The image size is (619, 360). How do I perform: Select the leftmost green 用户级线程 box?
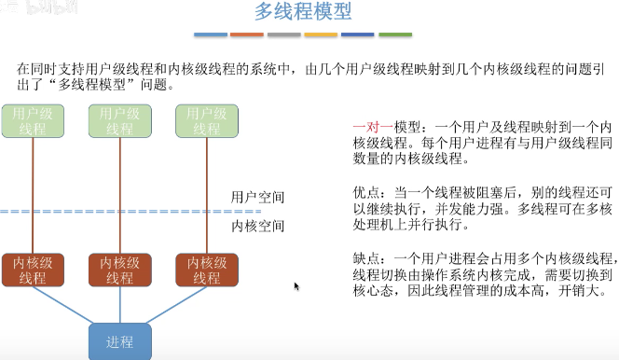tap(34, 121)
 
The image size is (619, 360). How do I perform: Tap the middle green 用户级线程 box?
tap(119, 121)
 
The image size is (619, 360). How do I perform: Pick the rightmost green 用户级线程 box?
tap(206, 121)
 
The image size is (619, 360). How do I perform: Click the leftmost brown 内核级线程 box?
tap(34, 270)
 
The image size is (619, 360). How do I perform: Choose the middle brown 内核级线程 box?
tap(119, 270)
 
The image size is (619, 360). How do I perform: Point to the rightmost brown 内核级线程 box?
tap(206, 270)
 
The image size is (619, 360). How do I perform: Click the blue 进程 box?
tap(119, 341)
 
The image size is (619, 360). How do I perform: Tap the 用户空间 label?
tap(257, 198)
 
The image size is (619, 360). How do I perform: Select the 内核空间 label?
tap(257, 226)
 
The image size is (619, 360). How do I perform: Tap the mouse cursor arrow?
tap(296, 285)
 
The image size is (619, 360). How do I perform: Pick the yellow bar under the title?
tap(321, 35)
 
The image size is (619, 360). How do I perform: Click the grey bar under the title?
tap(283, 35)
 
